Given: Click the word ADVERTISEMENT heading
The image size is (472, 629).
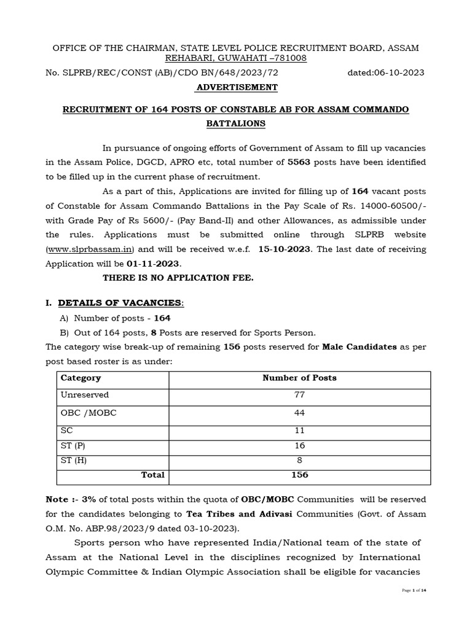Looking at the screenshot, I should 236,87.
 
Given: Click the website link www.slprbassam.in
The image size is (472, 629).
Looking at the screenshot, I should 91,250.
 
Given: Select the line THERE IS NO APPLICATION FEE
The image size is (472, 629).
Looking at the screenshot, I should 178,278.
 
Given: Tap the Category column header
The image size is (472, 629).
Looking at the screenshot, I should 81,378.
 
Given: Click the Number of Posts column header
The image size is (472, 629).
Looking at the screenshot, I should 299,378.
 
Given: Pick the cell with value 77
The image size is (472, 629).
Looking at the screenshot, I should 299,395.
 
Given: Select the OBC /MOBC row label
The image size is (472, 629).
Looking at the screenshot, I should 88,413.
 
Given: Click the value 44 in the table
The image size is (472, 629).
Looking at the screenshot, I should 299,413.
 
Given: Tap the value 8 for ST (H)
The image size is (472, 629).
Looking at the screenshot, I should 299,460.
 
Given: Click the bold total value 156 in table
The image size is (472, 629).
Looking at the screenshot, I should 299,475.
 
